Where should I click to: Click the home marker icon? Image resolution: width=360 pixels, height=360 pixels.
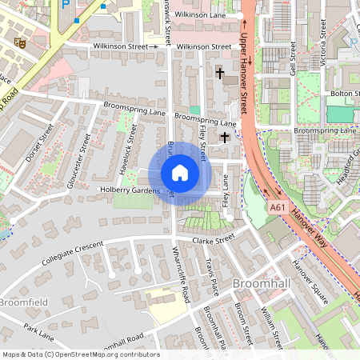coord(179,173)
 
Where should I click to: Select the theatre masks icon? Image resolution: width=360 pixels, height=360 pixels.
coord(20,42)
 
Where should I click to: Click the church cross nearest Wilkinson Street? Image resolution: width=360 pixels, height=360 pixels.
coord(220,74)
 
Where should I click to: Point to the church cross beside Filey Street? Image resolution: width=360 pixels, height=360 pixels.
coord(225,138)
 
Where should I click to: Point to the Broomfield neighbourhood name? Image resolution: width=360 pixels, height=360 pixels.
coord(24,302)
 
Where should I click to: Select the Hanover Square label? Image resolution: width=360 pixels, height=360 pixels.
coord(310,284)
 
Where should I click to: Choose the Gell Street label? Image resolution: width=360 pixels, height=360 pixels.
coord(294,58)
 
